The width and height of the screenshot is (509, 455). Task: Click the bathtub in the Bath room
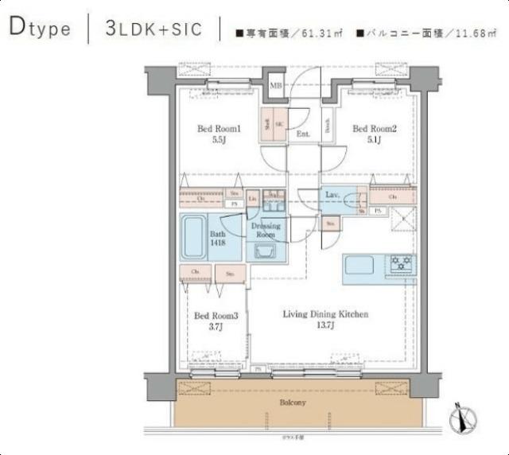click(194, 237)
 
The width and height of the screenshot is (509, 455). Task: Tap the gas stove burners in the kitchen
click(399, 262)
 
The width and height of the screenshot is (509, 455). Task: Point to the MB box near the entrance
click(276, 86)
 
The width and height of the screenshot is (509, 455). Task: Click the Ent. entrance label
click(303, 134)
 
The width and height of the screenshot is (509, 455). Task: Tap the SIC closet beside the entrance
click(279, 126)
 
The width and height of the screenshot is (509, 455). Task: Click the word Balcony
click(292, 403)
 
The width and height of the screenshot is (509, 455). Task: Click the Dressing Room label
click(266, 231)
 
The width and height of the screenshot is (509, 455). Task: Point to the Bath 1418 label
click(218, 239)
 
